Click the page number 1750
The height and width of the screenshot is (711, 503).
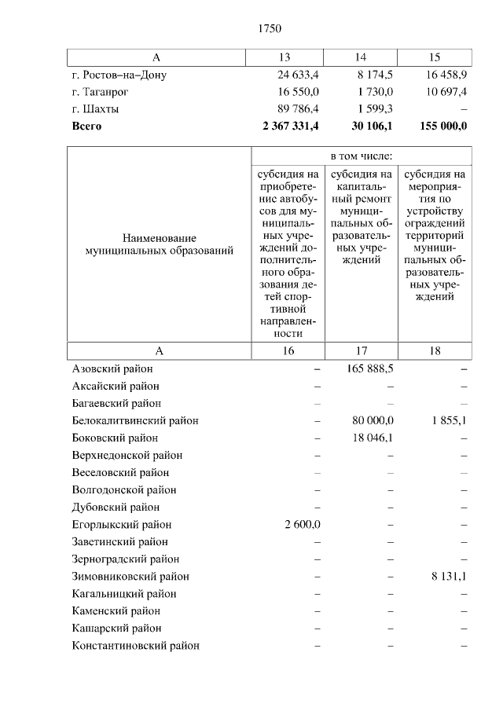click(x=269, y=29)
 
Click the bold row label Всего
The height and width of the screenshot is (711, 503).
click(x=86, y=126)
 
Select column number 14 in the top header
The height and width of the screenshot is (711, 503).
click(x=361, y=57)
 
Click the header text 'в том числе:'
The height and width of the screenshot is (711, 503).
click(x=361, y=156)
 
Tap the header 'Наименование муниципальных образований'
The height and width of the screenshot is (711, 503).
click(x=159, y=244)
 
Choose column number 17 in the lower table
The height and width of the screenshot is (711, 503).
click(x=361, y=351)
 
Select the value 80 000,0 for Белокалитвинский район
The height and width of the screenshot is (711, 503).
click(x=373, y=420)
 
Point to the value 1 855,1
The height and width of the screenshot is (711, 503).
click(x=449, y=420)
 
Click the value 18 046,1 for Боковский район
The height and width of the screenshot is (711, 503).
click(x=373, y=438)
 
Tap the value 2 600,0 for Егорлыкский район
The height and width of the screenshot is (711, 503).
click(x=302, y=524)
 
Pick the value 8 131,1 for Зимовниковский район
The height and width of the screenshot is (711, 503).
click(x=449, y=576)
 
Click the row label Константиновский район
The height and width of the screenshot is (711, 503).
click(x=135, y=645)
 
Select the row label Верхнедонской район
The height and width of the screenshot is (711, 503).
click(x=127, y=455)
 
